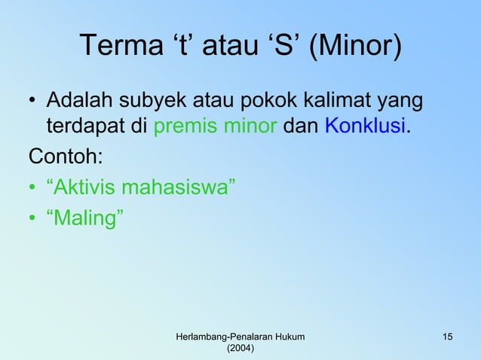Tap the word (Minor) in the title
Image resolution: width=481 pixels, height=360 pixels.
[x=356, y=48]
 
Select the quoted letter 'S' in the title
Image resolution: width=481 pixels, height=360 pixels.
[x=282, y=48]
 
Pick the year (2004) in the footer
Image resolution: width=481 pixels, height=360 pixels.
[x=240, y=348]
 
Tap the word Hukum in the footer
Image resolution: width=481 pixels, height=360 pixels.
[x=288, y=335]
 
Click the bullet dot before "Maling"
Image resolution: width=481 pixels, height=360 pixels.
[x=34, y=218]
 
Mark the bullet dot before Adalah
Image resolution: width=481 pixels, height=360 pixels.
[x=34, y=101]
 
